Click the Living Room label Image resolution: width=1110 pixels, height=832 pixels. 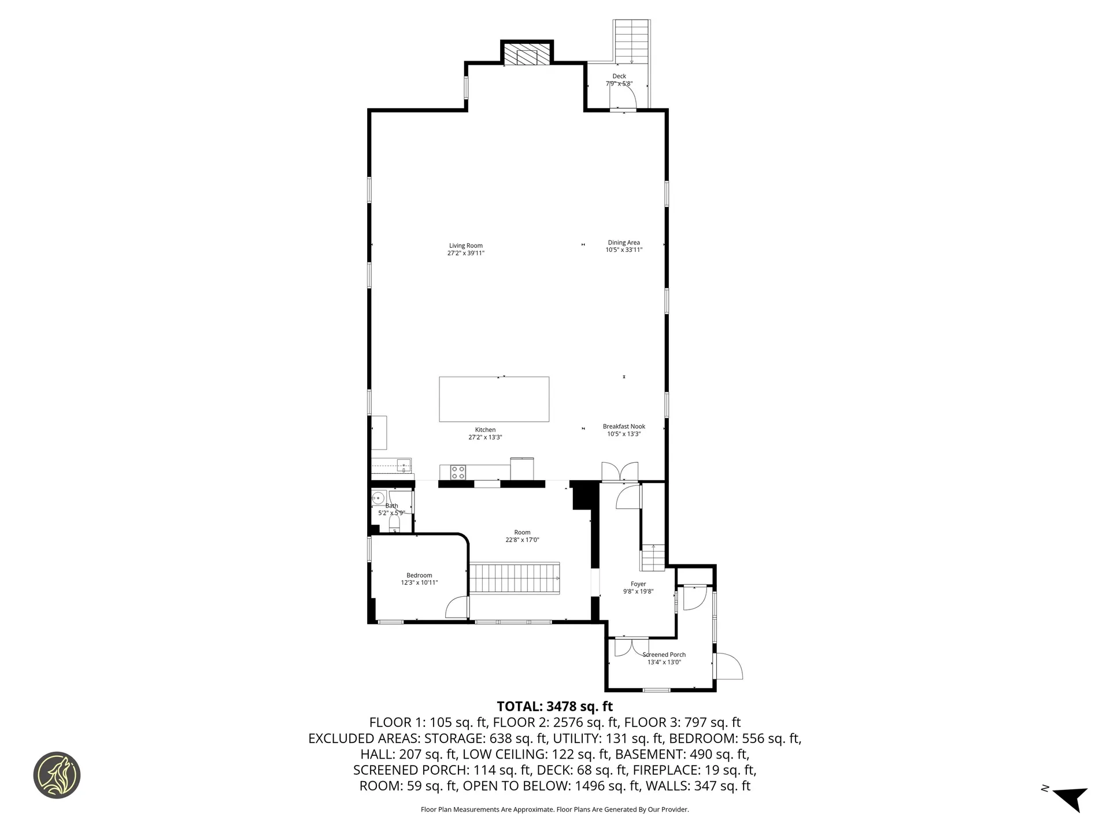(x=465, y=246)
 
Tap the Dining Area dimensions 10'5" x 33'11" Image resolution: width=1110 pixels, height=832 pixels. (x=624, y=250)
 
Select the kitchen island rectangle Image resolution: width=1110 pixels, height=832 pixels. (x=494, y=399)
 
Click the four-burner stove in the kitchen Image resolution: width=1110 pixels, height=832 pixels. (x=458, y=472)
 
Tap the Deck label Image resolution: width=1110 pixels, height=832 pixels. (x=619, y=76)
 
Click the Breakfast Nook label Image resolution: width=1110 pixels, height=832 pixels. (x=624, y=426)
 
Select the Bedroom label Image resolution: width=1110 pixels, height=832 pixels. (x=419, y=575)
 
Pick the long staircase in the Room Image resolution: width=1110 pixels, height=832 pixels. (x=514, y=578)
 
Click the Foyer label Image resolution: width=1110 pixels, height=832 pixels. (x=638, y=584)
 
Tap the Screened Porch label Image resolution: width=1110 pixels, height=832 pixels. (x=664, y=655)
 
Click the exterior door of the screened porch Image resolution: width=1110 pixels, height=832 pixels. (x=728, y=666)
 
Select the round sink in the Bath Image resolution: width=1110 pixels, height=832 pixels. (x=379, y=497)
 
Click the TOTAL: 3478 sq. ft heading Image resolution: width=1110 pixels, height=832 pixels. (x=554, y=706)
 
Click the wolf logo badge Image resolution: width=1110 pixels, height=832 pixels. (x=57, y=775)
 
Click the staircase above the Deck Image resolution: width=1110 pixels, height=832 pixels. (x=632, y=40)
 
